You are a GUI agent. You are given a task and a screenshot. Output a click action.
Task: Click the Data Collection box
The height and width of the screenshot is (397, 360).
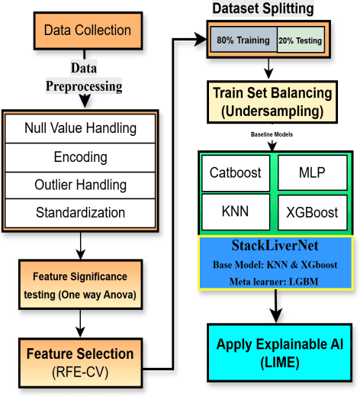(87, 31)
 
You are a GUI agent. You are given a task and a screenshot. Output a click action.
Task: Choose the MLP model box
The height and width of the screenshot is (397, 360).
(313, 173)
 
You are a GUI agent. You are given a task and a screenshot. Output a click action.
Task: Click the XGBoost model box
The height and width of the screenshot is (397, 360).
(313, 212)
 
